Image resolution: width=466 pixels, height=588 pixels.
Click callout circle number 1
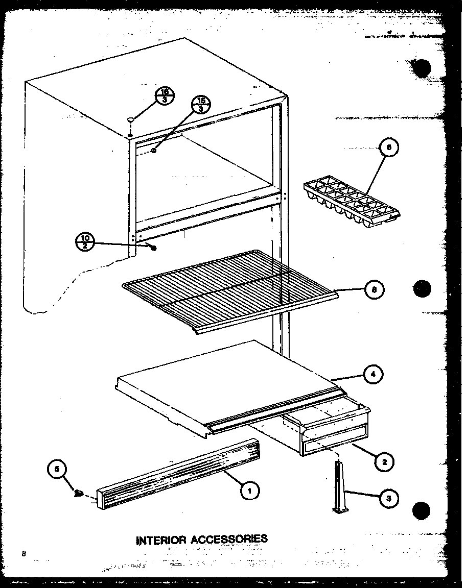point(249,491)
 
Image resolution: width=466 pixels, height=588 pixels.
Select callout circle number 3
point(389,498)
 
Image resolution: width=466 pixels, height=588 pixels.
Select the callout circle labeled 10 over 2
point(85,241)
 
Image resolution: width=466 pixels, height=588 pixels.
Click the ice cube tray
point(353,202)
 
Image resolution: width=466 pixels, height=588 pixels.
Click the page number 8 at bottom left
point(24,553)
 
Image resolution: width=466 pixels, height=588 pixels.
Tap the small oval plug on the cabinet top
point(131,119)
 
